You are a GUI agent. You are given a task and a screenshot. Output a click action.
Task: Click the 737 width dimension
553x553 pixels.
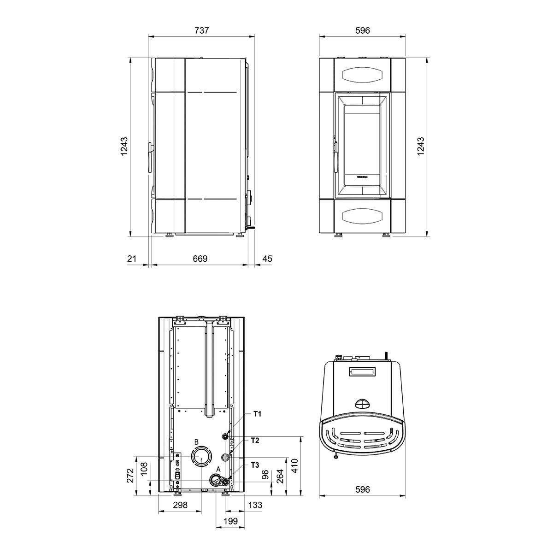(201, 30)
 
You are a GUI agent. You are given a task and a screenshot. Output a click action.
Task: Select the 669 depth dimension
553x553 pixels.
(200, 259)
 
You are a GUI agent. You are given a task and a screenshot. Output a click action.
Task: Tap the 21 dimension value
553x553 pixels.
(131, 259)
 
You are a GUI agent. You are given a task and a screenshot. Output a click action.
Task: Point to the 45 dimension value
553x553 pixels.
(267, 259)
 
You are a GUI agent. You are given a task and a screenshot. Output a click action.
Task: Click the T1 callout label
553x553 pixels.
(258, 414)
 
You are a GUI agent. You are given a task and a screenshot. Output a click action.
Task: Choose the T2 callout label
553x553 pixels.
(255, 440)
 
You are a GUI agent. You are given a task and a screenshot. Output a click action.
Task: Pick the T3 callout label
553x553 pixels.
(255, 465)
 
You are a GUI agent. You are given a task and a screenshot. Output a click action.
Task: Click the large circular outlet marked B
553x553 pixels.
(201, 457)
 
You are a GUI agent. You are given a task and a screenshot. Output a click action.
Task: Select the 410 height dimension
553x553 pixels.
(295, 466)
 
